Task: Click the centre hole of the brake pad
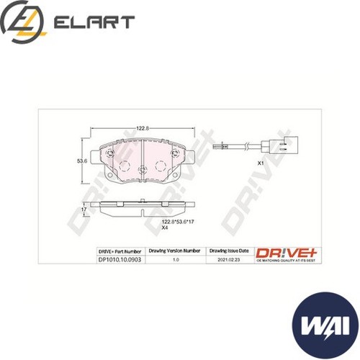pos(143,170)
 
